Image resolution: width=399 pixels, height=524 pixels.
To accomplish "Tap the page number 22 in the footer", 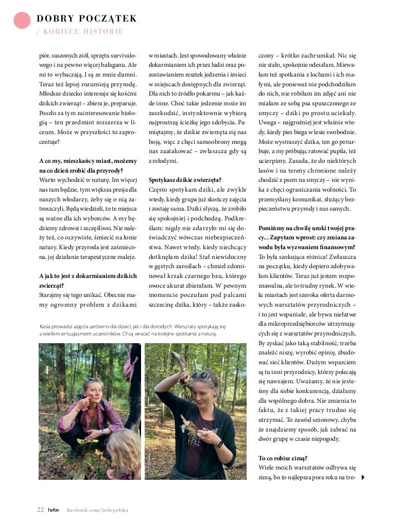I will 40,510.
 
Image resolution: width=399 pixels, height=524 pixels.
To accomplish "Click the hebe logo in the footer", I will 54,510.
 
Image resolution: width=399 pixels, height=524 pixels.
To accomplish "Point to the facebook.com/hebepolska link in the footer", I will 97,510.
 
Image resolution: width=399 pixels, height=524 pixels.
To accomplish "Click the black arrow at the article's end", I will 363,477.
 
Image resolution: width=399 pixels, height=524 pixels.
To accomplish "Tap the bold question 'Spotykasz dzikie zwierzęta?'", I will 185,180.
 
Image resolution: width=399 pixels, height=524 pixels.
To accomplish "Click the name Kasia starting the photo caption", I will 46,326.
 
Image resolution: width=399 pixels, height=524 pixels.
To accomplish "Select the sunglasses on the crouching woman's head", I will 93,380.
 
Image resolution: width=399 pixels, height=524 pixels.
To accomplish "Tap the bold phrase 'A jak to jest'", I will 56,276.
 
